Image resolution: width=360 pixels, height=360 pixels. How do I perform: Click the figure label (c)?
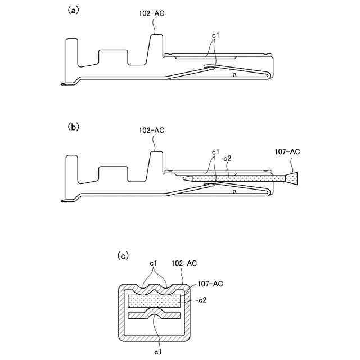(123, 255)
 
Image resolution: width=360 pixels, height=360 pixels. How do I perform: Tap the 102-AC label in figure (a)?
(151, 12)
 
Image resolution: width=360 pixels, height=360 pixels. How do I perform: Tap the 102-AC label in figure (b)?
(151, 130)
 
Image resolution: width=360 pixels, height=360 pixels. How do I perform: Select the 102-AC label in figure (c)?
(184, 263)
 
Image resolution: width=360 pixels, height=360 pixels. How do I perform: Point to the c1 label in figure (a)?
(215, 35)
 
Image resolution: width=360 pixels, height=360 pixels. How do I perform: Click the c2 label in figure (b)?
(228, 159)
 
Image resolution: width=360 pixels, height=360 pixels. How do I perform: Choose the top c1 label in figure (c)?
(154, 263)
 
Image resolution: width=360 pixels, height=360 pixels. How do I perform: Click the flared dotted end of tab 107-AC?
(292, 179)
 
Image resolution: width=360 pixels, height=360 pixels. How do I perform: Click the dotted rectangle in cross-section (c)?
(155, 301)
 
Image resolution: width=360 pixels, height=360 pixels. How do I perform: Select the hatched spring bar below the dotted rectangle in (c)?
(155, 314)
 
